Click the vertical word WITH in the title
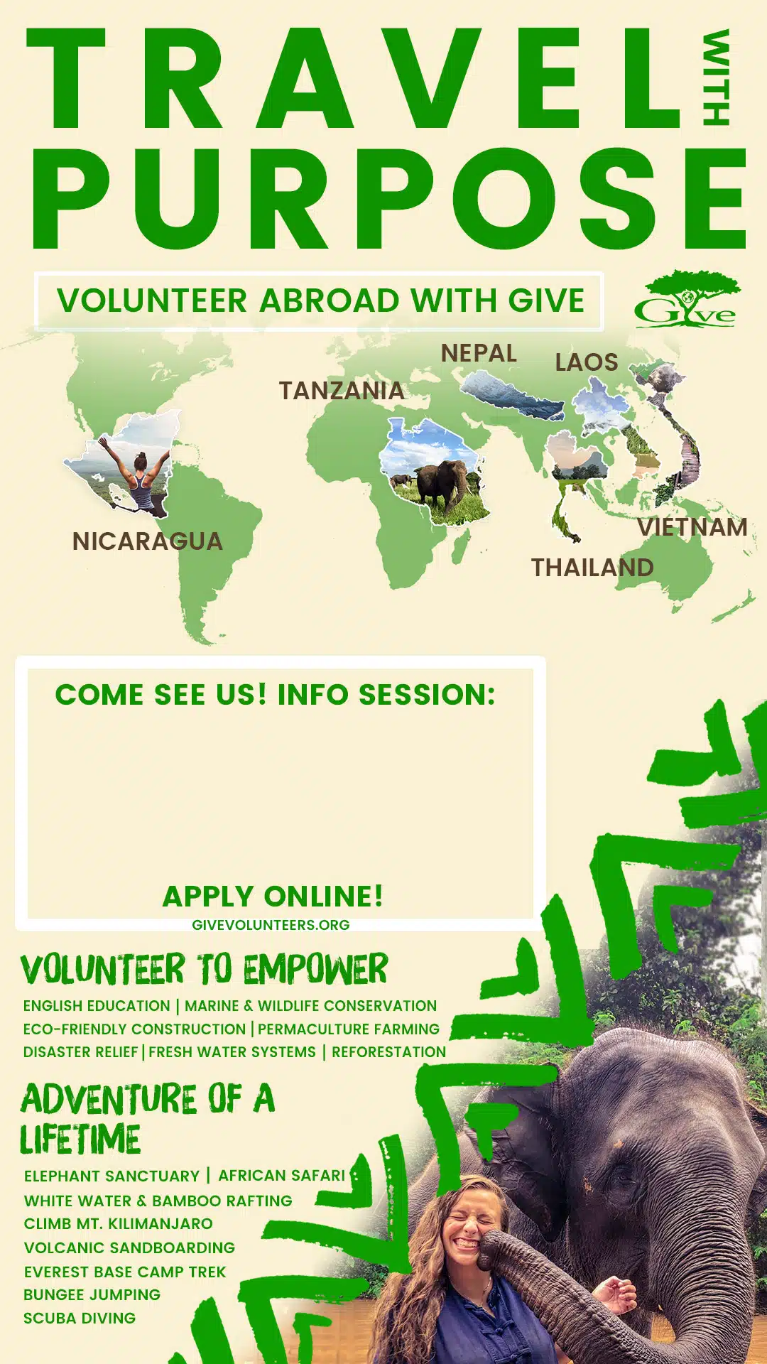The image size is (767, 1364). pyautogui.click(x=716, y=77)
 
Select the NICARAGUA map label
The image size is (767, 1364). pyautogui.click(x=148, y=541)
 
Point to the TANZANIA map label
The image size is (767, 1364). pyautogui.click(x=342, y=390)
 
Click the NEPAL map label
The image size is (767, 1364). pyautogui.click(x=479, y=353)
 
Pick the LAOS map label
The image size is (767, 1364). pyautogui.click(x=587, y=362)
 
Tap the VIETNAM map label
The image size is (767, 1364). pyautogui.click(x=692, y=527)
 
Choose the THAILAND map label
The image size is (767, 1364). pyautogui.click(x=593, y=568)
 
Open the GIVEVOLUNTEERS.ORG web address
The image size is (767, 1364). pyautogui.click(x=271, y=925)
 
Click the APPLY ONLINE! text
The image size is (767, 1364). pyautogui.click(x=273, y=896)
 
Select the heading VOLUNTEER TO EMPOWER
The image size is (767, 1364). pyautogui.click(x=205, y=969)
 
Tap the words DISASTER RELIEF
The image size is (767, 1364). pyautogui.click(x=80, y=1052)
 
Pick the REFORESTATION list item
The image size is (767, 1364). pyautogui.click(x=389, y=1052)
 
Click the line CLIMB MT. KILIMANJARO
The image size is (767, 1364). pyautogui.click(x=118, y=1224)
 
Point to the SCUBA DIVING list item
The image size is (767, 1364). pyautogui.click(x=80, y=1319)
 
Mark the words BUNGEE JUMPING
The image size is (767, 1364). pyautogui.click(x=92, y=1294)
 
